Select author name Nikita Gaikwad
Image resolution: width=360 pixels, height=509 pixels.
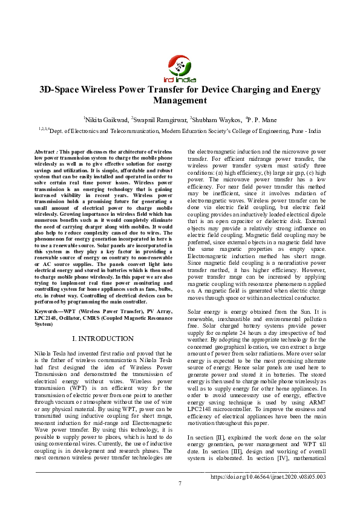[x=105, y=119]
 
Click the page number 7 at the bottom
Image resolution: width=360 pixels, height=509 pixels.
[x=180, y=483]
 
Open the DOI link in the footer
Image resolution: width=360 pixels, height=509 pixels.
[x=268, y=476]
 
